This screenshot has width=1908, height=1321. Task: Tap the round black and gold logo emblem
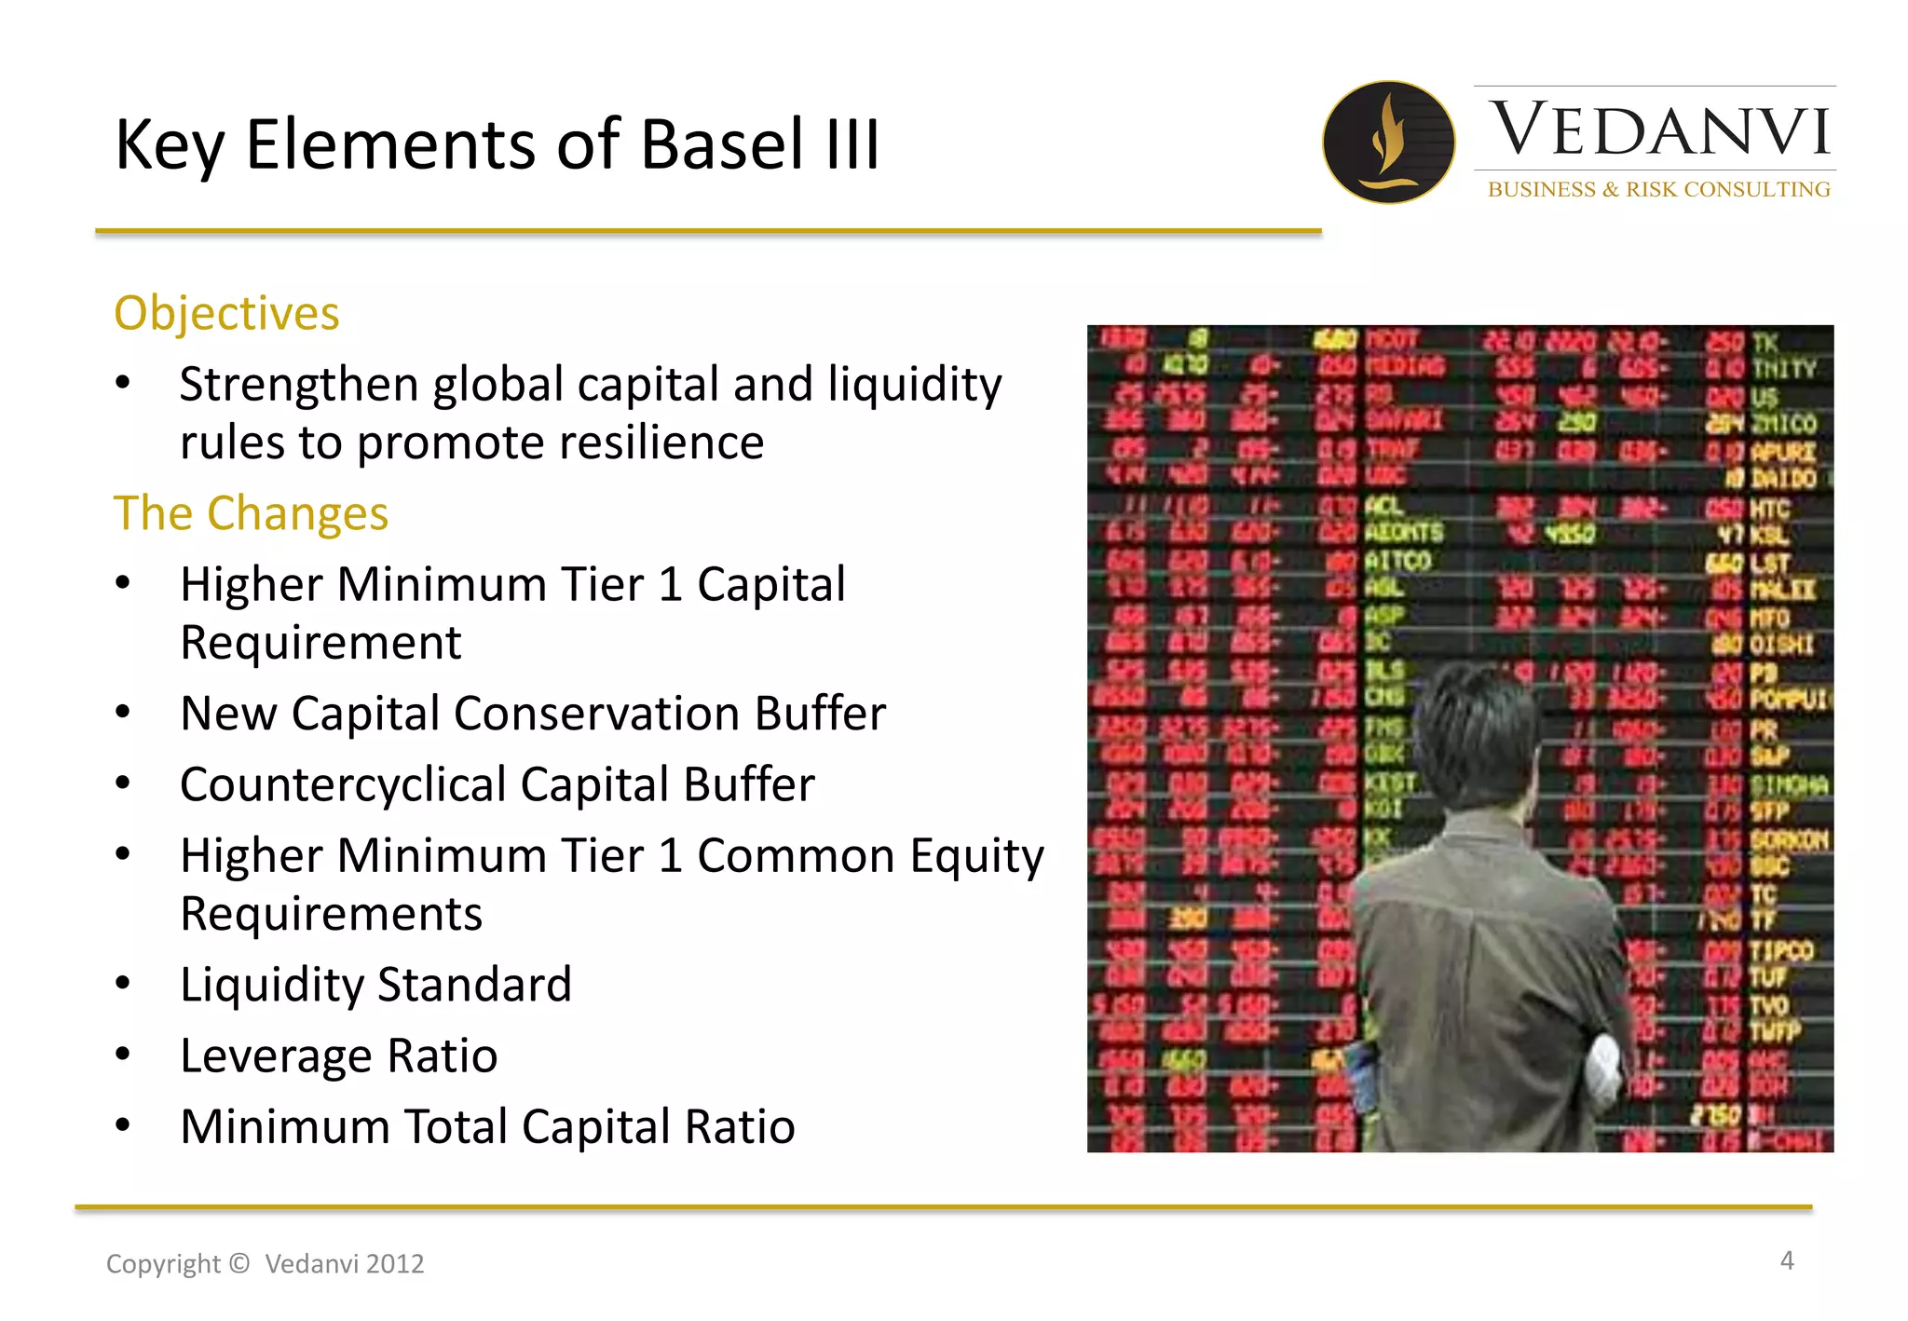tap(1388, 142)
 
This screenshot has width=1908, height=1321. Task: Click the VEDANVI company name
tap(1659, 129)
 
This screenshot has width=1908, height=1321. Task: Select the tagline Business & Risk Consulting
tap(1658, 189)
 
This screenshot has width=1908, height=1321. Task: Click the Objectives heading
tap(226, 313)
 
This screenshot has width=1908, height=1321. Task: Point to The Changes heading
tap(251, 513)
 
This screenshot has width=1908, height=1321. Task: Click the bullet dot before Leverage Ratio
tap(123, 1055)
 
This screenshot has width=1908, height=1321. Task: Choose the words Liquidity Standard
tap(375, 985)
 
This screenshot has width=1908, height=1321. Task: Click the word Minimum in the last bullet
tap(285, 1126)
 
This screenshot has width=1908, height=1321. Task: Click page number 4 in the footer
tap(1786, 1260)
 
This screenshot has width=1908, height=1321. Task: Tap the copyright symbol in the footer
tap(238, 1263)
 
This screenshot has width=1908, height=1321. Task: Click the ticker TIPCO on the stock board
tap(1780, 951)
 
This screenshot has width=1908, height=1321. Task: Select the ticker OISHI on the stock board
tap(1780, 644)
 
